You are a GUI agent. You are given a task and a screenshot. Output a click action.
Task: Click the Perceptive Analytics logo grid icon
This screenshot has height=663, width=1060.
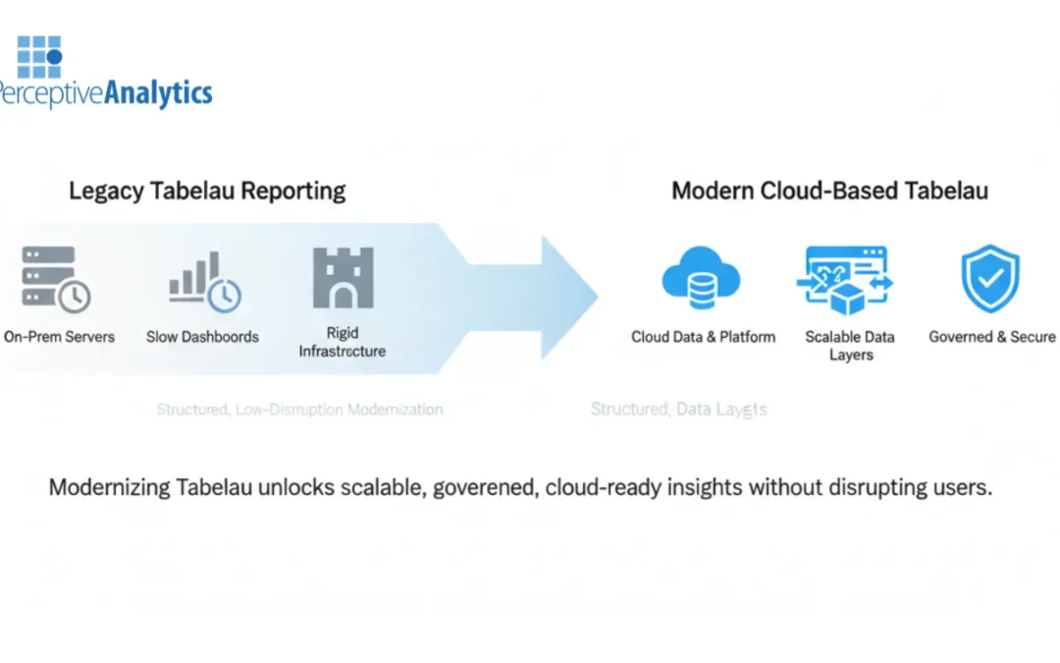(39, 56)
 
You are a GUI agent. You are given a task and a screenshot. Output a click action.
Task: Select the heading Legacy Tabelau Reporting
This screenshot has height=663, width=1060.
(207, 190)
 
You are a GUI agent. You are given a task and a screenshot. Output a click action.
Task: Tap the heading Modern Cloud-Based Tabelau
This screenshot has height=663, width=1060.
(829, 190)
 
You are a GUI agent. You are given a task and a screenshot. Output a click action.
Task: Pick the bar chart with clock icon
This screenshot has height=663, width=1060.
(204, 281)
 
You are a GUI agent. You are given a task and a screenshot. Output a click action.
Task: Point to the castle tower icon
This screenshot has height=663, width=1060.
(343, 278)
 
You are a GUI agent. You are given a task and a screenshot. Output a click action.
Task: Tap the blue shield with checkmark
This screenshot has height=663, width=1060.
(989, 277)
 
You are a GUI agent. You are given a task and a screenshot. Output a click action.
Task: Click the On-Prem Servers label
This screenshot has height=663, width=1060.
(59, 337)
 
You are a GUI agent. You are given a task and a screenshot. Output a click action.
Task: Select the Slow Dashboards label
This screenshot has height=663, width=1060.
(202, 337)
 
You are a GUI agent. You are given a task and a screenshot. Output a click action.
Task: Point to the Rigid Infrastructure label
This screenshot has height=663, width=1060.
(343, 342)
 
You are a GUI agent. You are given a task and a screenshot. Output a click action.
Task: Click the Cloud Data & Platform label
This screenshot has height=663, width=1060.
(703, 337)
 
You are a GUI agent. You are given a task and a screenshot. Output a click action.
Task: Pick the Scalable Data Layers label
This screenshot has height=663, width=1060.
(850, 346)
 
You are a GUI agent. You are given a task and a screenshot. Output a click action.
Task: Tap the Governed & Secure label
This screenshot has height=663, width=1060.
(992, 337)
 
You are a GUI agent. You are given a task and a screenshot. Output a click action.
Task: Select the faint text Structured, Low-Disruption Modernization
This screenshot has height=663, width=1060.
(299, 410)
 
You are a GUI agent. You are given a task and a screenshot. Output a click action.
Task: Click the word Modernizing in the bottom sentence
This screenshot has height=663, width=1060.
(108, 487)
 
